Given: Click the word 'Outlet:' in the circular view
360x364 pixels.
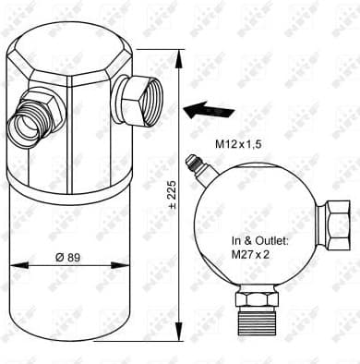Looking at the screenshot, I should pyautogui.click(x=276, y=240).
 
